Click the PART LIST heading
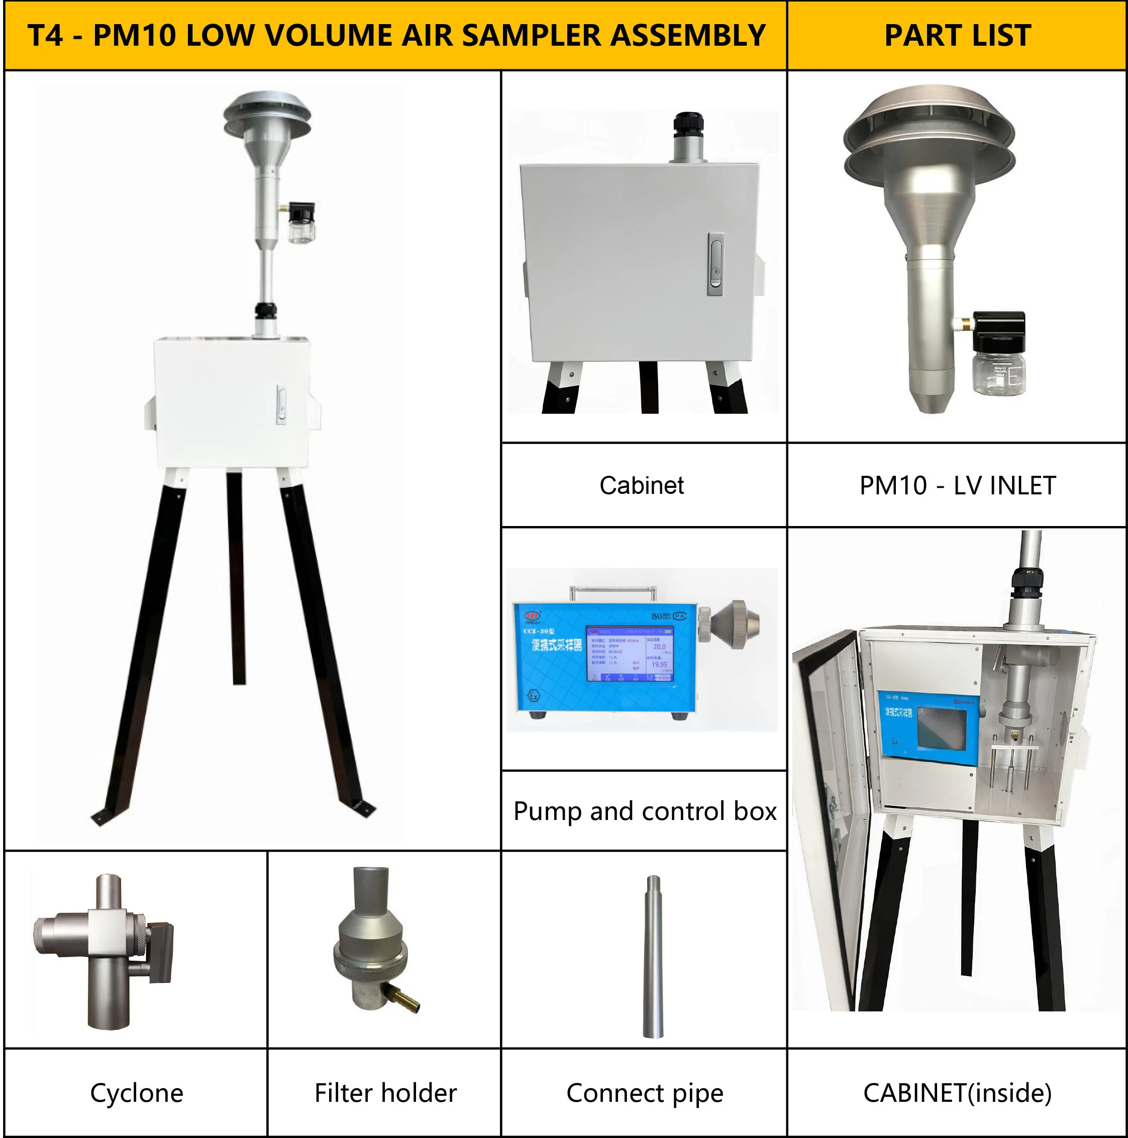pyautogui.click(x=957, y=35)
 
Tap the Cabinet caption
pyautogui.click(x=642, y=485)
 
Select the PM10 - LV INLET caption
pyautogui.click(x=957, y=485)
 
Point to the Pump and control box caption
pyautogui.click(x=645, y=811)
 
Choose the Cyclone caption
pyautogui.click(x=137, y=1093)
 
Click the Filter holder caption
pyautogui.click(x=385, y=1093)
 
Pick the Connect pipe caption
pyautogui.click(x=645, y=1093)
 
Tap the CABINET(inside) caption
pyautogui.click(x=957, y=1093)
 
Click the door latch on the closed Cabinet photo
pyautogui.click(x=715, y=264)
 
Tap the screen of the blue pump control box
pyautogui.click(x=630, y=653)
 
